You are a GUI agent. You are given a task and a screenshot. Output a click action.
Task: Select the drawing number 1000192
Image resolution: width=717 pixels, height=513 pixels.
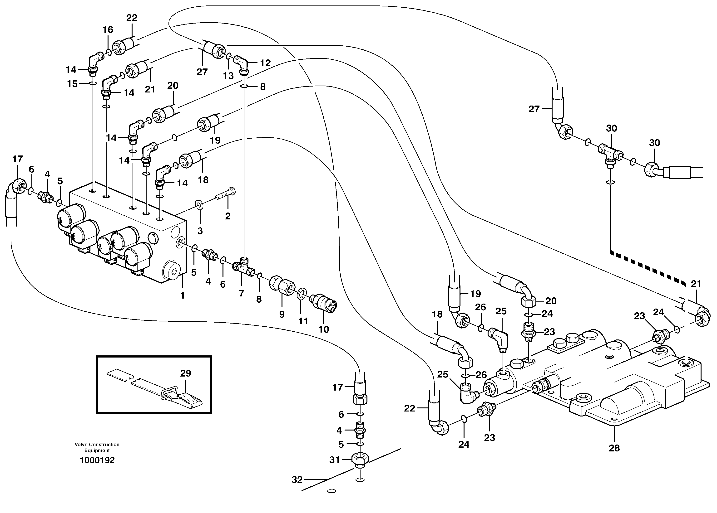[x=97, y=460]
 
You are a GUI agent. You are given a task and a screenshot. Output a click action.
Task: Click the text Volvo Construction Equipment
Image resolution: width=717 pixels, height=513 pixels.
[x=97, y=447]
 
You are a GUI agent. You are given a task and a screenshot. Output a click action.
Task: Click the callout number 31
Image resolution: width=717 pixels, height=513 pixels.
[x=334, y=460]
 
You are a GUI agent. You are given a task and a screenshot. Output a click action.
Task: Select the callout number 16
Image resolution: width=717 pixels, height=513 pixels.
[x=108, y=30]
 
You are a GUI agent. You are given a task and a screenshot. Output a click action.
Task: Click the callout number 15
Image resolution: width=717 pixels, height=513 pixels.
[x=72, y=84]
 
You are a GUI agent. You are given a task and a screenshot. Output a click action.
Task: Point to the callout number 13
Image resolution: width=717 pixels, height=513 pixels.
[x=228, y=76]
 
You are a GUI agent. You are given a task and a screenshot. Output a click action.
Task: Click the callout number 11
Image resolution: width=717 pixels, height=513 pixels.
[x=303, y=321]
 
